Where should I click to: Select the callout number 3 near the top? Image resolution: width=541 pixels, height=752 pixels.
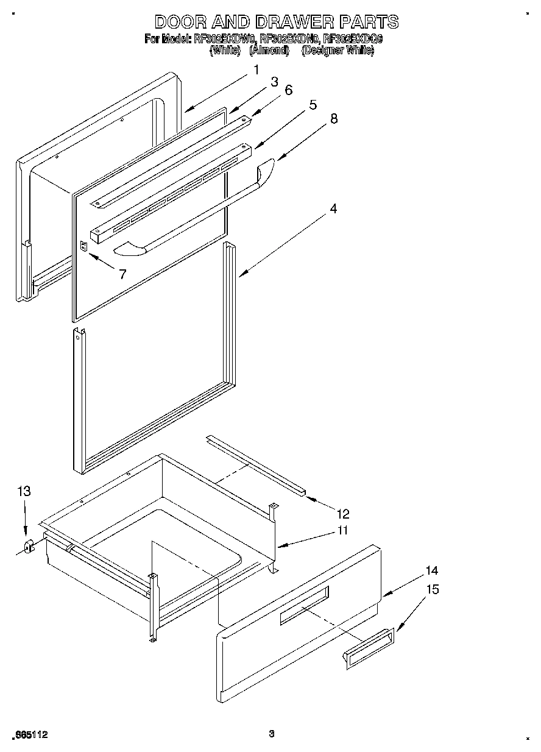pos(274,81)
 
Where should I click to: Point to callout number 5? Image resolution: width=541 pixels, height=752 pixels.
pos(313,104)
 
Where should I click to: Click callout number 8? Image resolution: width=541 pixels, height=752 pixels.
pos(333,119)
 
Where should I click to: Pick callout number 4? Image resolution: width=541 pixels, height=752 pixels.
pos(333,208)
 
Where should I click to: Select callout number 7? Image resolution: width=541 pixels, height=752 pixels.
pos(122,274)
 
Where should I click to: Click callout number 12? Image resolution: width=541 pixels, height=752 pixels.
pos(343,514)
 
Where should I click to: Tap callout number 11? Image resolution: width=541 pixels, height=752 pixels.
pos(342,530)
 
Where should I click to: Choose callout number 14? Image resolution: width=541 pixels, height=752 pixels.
pos(431,571)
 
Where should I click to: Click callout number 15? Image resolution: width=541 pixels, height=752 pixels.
pos(431,589)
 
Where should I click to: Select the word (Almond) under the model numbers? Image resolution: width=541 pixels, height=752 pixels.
pos(269,51)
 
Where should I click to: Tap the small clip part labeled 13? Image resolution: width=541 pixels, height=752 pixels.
pos(28,546)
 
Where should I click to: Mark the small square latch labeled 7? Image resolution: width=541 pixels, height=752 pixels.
pos(84,246)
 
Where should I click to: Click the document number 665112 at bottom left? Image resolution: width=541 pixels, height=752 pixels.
pos(30,736)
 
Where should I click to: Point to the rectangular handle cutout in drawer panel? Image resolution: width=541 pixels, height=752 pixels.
pos(304,606)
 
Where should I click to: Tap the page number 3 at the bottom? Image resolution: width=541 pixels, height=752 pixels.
pos(272,734)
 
